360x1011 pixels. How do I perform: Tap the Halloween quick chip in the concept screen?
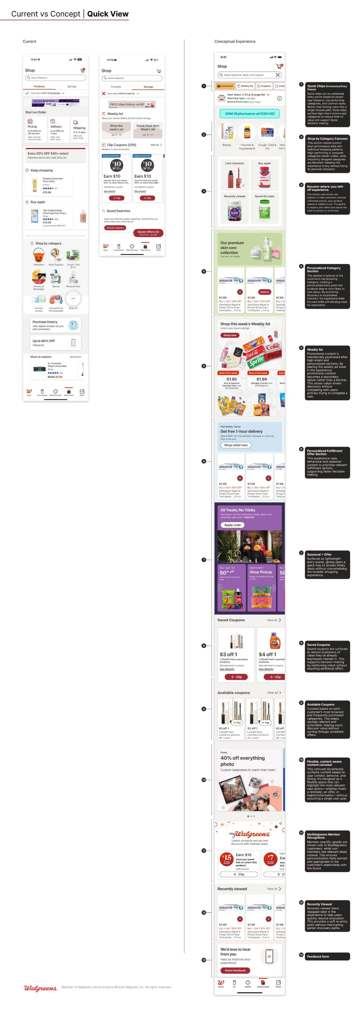coord(225,86)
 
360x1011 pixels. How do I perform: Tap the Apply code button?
coord(232,525)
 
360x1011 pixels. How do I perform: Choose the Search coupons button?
coord(115,228)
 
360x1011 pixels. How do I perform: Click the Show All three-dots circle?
coord(73,299)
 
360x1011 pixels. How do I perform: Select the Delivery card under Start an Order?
coord(56,130)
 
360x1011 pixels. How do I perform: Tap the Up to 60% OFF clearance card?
coord(55,343)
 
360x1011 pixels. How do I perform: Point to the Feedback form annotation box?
coord(327,956)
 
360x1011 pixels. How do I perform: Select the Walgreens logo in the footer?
coord(40,987)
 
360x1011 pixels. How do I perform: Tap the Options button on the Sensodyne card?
coord(265,292)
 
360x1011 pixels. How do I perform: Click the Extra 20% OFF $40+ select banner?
coord(55,155)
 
